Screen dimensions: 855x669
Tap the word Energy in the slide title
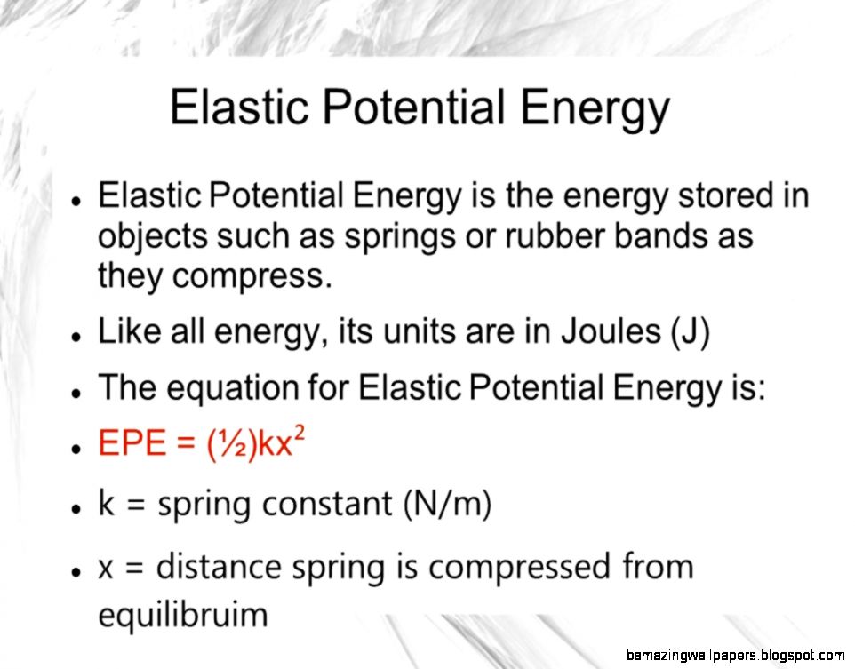(x=595, y=109)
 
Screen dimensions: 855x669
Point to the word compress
(x=252, y=277)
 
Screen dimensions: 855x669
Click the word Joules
(x=611, y=331)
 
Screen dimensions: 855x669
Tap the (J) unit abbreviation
(x=691, y=332)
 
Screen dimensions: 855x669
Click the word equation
(x=232, y=389)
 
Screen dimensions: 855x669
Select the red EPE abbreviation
(x=132, y=442)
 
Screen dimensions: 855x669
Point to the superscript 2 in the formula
(x=299, y=434)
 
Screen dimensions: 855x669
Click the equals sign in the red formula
(x=187, y=443)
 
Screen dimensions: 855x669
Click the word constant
(x=327, y=503)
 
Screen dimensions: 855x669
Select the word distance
(x=220, y=567)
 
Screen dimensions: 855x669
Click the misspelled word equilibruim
(x=183, y=615)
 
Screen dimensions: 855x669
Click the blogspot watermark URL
(x=735, y=655)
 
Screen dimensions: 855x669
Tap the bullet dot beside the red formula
(x=76, y=448)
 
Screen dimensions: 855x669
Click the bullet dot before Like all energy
(x=76, y=337)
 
